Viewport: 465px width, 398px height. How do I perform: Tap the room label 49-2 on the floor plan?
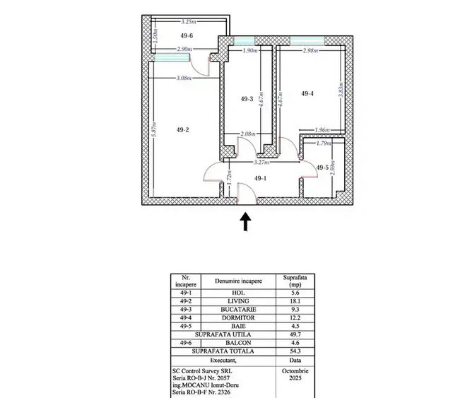(182, 129)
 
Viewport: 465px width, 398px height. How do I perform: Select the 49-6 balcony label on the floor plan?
(167, 35)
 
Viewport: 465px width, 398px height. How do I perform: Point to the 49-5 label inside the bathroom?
(322, 168)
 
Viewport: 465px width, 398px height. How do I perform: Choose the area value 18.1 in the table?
(295, 300)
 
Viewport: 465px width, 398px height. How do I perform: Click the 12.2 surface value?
(295, 318)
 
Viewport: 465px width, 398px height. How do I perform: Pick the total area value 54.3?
(295, 351)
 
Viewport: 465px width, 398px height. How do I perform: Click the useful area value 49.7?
(295, 334)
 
